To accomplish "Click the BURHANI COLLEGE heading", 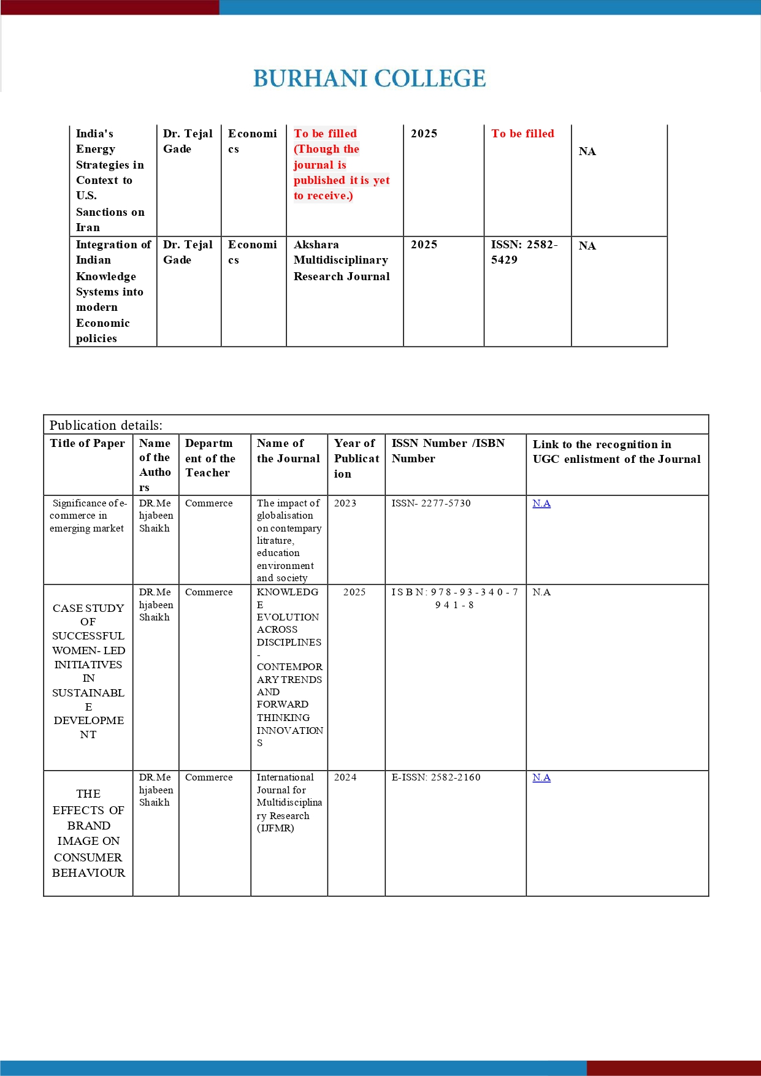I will tap(369, 78).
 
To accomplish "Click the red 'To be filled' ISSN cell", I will tap(522, 134).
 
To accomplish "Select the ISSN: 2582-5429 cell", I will tap(524, 252).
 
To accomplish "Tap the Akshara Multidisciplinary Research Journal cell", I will tap(342, 261).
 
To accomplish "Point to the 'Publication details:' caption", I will tap(106, 425).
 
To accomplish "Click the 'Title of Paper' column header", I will tap(88, 443).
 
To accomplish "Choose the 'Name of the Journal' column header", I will tap(288, 451).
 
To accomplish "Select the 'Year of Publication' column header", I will tap(356, 458).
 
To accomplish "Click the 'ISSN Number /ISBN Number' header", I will tap(448, 451).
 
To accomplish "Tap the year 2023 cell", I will tap(345, 503).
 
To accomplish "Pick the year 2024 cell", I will tap(345, 777).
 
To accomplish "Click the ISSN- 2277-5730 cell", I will tap(431, 503).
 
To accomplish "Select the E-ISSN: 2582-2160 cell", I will tap(436, 777).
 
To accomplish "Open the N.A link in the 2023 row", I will tap(541, 503).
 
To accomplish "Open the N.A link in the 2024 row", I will tap(541, 777).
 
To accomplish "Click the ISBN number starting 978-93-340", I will tap(454, 598).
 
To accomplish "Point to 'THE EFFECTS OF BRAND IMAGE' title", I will tap(88, 833).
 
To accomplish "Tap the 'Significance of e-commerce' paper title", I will tap(88, 516).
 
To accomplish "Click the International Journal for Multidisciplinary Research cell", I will tap(289, 803).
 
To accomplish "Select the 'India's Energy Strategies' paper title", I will tap(110, 180).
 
